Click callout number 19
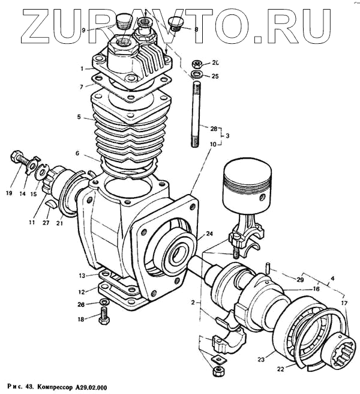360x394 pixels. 10,193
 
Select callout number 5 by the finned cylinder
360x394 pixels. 79,117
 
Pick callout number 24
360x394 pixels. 209,234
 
